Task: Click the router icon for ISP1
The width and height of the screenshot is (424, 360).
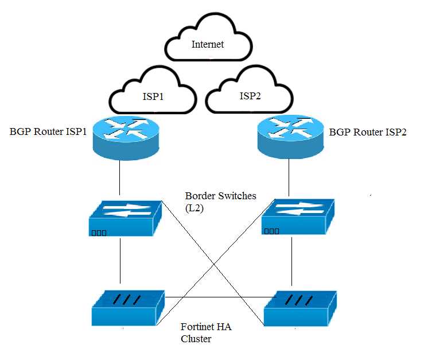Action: click(126, 138)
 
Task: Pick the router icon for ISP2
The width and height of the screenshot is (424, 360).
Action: click(290, 137)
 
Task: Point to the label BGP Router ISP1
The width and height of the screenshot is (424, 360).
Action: click(48, 131)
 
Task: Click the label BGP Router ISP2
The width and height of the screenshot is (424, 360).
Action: click(367, 132)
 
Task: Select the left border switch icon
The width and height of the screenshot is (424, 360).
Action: click(125, 218)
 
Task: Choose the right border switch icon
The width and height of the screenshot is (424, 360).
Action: click(298, 216)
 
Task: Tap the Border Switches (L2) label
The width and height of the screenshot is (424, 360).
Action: click(221, 202)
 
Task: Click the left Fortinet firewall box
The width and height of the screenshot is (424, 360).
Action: click(128, 308)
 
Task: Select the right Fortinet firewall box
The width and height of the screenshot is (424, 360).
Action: click(300, 308)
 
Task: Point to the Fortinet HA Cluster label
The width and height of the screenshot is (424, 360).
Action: click(206, 332)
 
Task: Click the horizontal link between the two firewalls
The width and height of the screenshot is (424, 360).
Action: click(221, 297)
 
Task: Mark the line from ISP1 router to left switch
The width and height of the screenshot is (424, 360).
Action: click(119, 177)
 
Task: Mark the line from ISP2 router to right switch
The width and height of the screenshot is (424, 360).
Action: click(289, 177)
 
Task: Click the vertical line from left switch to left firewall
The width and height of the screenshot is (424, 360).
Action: click(120, 261)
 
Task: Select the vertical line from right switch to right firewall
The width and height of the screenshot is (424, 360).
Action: click(291, 261)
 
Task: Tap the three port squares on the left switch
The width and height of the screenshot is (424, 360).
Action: click(99, 233)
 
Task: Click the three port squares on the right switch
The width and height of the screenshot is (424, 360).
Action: click(271, 231)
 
